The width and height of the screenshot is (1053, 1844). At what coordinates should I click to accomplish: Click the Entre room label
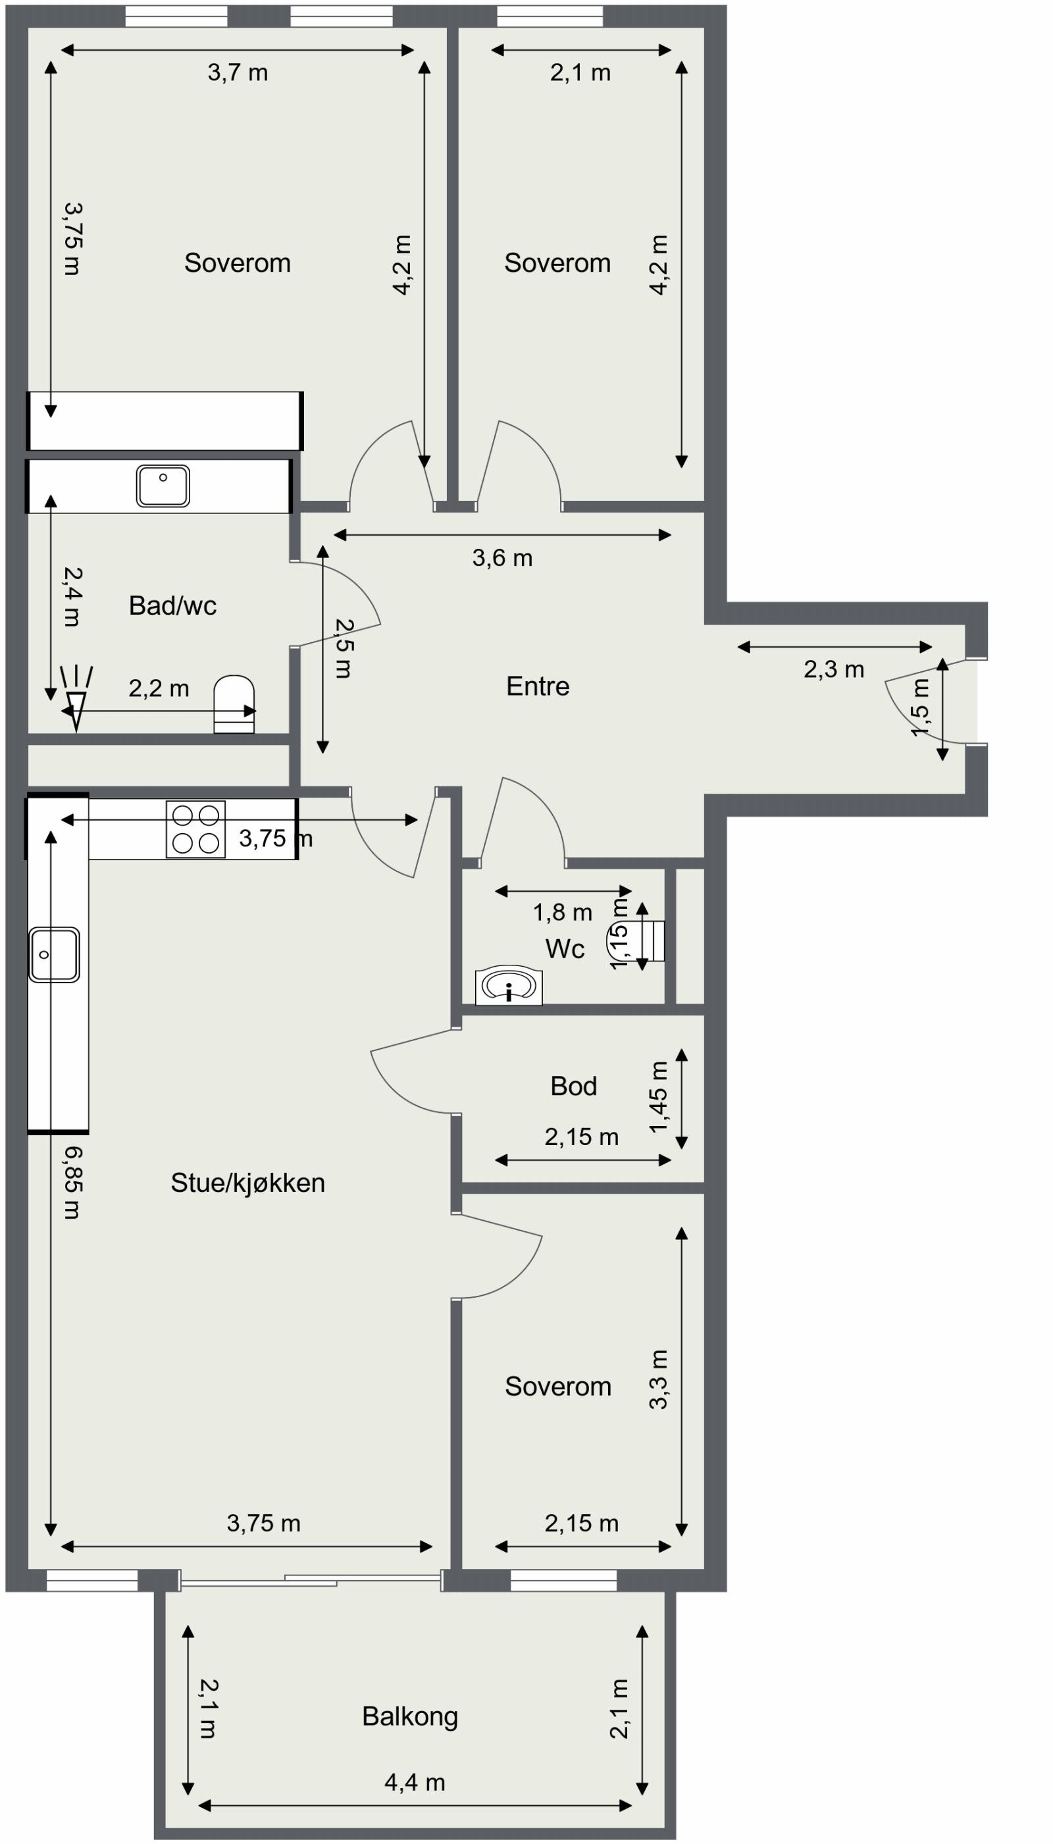click(537, 686)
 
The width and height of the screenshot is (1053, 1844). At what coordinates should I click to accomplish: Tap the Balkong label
click(409, 1716)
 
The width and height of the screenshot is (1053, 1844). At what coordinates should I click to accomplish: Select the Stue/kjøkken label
click(247, 1183)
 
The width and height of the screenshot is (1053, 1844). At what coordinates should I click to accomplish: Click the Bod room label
click(573, 1086)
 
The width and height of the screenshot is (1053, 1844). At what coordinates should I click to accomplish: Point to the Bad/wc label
click(172, 606)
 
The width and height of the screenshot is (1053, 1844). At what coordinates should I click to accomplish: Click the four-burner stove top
click(195, 829)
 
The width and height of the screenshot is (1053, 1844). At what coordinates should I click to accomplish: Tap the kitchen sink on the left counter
click(54, 954)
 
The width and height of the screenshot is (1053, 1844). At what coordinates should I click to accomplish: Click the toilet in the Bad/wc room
click(234, 704)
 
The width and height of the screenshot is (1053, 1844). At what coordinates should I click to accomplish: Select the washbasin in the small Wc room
click(509, 986)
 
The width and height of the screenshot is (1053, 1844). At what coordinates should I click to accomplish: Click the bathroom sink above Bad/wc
click(163, 485)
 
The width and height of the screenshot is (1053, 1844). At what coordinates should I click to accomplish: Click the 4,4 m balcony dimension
click(415, 1783)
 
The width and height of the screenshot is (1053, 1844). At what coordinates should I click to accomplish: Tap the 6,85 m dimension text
click(72, 1183)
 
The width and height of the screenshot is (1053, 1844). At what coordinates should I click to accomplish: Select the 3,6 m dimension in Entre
click(502, 558)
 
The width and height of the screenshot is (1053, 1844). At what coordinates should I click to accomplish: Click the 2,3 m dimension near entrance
click(833, 670)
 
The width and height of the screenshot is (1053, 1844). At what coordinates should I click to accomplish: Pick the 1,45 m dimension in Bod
click(658, 1098)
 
